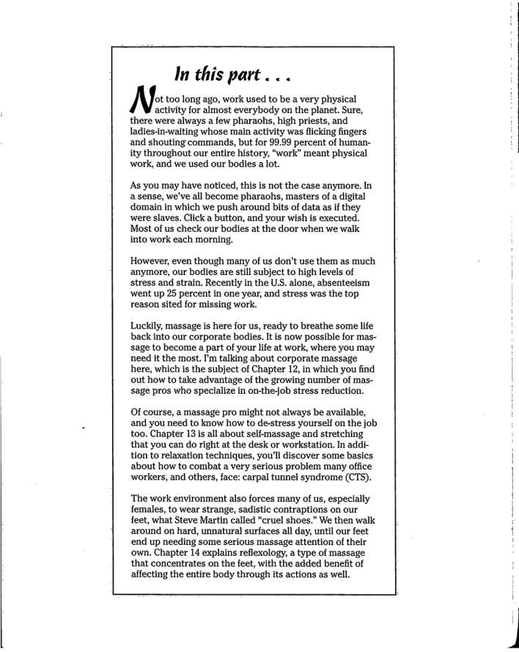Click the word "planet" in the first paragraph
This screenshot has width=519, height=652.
click(x=341, y=111)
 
